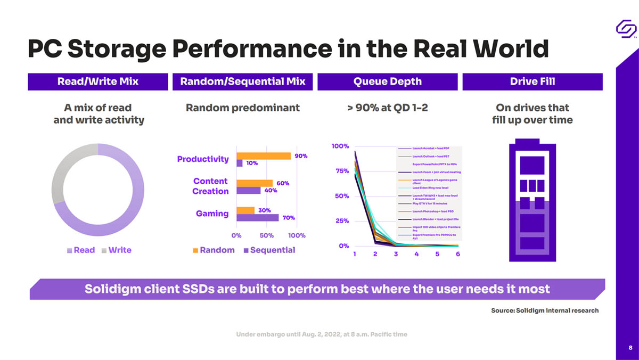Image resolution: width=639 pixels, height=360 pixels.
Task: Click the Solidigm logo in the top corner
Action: pos(626,28)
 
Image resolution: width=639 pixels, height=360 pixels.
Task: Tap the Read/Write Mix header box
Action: pos(97,81)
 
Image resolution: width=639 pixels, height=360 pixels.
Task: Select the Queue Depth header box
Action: pos(387,81)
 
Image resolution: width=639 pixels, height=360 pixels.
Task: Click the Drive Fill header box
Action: pos(532,81)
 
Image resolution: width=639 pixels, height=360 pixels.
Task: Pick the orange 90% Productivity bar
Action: pos(264,156)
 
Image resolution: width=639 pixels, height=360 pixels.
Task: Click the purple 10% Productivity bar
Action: pos(240,163)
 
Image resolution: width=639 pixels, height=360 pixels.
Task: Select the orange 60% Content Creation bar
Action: pos(255,183)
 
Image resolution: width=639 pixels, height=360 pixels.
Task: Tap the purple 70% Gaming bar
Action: pos(257,217)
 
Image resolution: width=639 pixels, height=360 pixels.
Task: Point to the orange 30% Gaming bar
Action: pos(245,210)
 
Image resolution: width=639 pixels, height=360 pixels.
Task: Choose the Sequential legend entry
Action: pos(268,250)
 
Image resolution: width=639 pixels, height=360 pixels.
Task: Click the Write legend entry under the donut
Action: pos(116,250)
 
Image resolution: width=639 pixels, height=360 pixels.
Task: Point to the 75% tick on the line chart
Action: pos(341,171)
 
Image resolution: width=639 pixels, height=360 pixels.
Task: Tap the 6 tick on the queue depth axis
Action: pos(457,254)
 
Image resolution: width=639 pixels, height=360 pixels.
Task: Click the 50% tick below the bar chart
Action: pos(266,235)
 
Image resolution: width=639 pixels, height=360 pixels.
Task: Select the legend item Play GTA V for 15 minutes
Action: pos(430,203)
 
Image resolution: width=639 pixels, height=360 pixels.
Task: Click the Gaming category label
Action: pos(212,214)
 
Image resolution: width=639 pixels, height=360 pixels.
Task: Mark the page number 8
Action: pos(629,347)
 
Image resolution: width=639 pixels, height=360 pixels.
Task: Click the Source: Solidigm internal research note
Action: pos(544,310)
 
